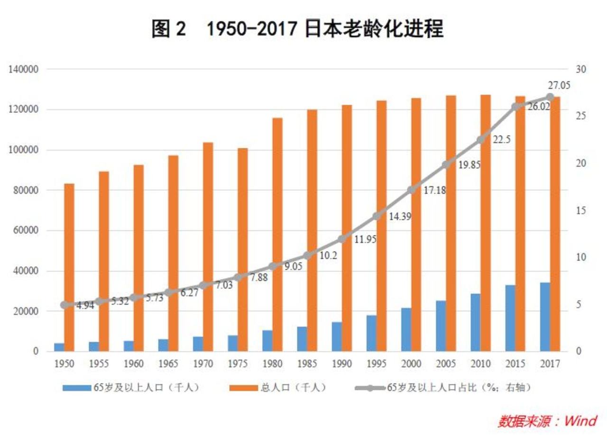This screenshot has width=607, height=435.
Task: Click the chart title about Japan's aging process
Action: tap(297, 29)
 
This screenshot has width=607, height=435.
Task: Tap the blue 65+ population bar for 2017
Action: tap(545, 317)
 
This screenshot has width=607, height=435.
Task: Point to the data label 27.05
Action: tap(559, 86)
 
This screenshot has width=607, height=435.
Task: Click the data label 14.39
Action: tap(400, 217)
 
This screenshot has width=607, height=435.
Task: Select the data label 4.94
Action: tap(85, 306)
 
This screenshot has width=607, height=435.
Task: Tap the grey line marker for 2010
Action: tap(482, 140)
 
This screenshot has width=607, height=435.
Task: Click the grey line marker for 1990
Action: tap(343, 239)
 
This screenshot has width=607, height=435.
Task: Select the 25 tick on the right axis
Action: tap(581, 116)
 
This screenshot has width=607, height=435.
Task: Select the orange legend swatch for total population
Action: tap(243, 388)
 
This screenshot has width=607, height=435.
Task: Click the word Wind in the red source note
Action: tap(581, 420)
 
